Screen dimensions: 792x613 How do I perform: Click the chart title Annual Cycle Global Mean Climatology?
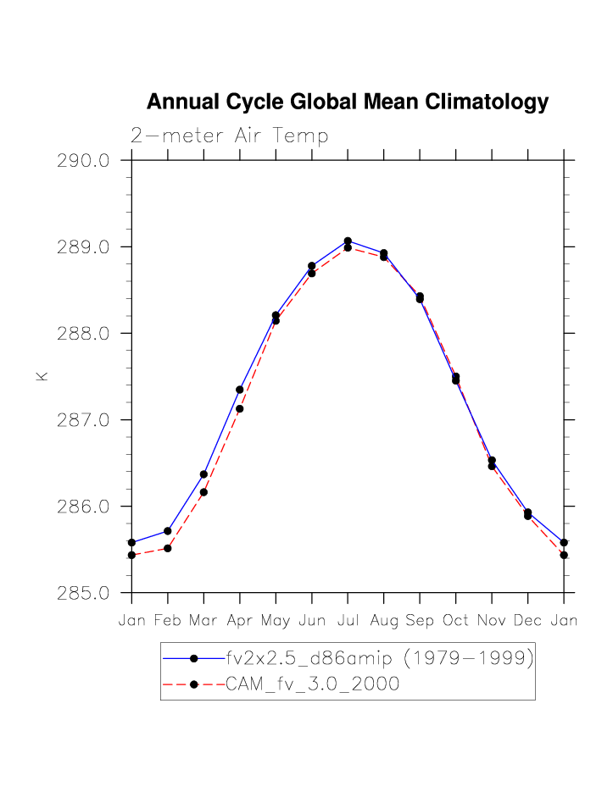348,102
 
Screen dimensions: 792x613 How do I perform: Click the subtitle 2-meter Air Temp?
229,136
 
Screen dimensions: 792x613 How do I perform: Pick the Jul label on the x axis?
348,621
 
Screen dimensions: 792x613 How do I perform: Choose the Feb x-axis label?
168,621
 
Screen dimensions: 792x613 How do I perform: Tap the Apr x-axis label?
240,621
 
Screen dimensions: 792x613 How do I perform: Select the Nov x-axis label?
492,621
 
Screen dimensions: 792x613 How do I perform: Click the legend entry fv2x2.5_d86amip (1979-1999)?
378,658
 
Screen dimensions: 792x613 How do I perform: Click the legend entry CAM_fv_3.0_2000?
312,684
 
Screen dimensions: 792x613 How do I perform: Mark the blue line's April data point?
240,390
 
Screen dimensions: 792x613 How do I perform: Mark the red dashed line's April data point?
240,409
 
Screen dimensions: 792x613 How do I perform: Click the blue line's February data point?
168,531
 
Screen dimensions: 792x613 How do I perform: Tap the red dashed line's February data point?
168,549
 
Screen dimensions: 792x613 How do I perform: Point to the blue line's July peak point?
348,241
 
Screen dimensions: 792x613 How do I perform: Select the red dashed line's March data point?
203,492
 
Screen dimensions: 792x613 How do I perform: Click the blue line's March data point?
203,474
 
